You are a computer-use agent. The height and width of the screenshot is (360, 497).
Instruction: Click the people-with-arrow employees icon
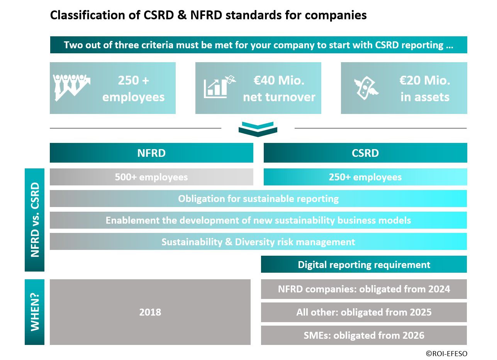pos(72,88)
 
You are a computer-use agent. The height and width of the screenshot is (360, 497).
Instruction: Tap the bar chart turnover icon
pos(220,87)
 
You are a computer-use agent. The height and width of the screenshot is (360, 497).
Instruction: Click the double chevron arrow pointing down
pos(258,129)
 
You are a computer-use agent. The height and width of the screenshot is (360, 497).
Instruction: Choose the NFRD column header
pos(151,153)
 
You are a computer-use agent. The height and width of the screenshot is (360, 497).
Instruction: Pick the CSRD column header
pos(365,153)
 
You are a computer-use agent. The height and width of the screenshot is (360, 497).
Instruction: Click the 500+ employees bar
pos(151,177)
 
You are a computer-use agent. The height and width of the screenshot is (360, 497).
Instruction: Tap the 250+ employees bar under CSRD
pos(365,177)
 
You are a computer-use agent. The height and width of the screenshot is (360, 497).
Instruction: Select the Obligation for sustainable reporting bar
pos(258,199)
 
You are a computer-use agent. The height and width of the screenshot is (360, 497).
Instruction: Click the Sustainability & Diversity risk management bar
pos(258,241)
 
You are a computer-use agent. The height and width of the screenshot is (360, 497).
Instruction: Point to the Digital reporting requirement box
pos(364,264)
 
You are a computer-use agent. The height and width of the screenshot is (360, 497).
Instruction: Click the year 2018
pos(150,312)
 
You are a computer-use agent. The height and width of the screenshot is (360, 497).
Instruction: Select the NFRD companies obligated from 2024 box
pos(364,289)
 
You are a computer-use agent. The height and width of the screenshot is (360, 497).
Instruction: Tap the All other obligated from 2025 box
pos(364,312)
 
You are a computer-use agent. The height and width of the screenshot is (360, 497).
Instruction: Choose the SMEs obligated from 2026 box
pos(364,335)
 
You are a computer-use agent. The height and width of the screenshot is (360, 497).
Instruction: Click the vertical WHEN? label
pos(35,312)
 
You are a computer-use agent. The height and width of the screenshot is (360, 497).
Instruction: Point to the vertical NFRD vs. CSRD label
pos(35,220)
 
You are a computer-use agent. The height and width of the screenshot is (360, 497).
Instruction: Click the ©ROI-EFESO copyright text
pos(446,353)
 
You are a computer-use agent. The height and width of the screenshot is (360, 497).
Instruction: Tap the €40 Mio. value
pos(279,80)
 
